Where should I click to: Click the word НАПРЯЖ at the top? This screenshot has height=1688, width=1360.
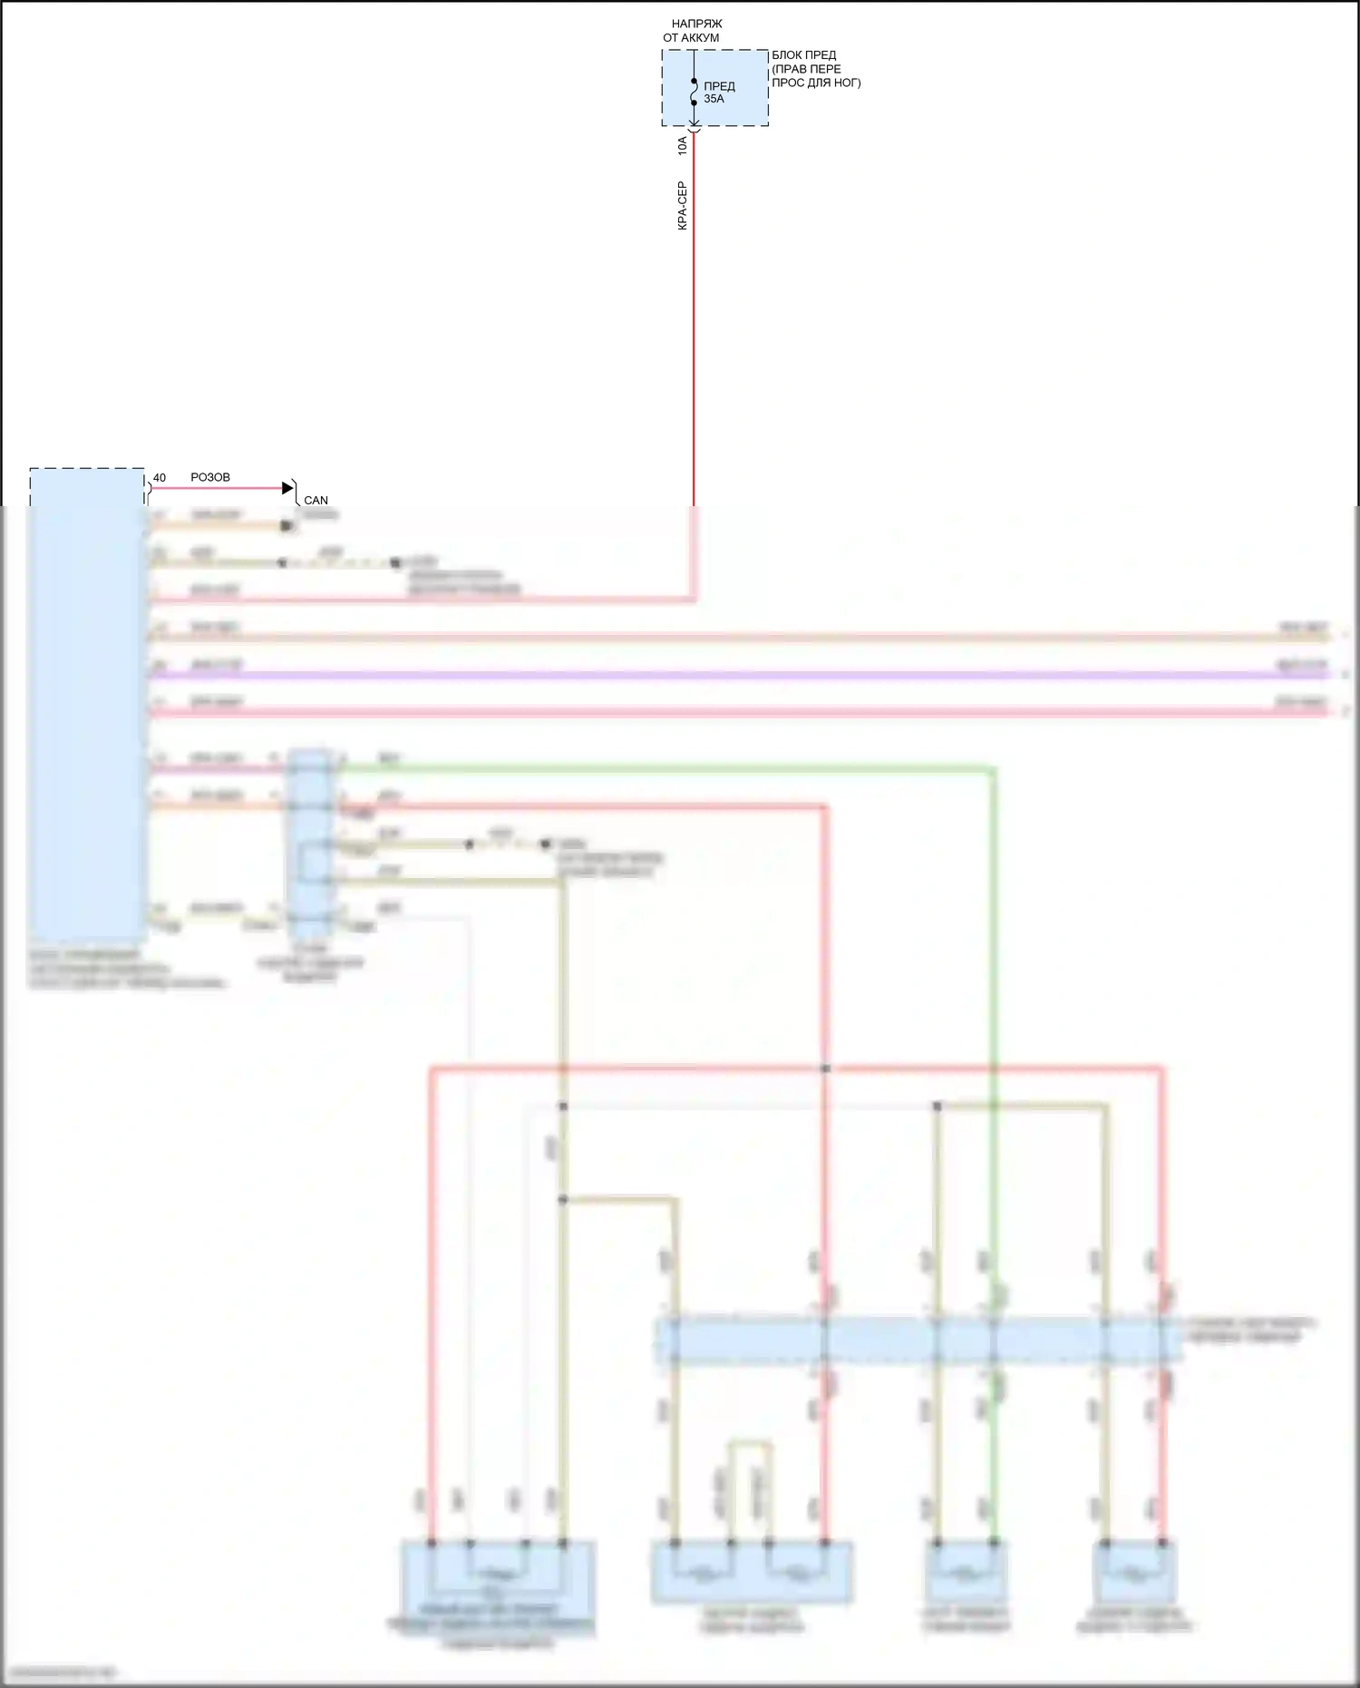(x=696, y=24)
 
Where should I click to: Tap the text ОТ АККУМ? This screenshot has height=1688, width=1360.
(x=691, y=38)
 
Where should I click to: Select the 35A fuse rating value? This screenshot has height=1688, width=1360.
(x=714, y=99)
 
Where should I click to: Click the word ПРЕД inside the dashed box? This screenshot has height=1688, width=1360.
(x=719, y=86)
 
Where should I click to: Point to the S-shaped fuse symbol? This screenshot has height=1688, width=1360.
(x=695, y=92)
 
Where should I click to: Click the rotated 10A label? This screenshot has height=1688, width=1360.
(x=683, y=145)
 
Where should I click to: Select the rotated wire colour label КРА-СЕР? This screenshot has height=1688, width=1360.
(x=683, y=206)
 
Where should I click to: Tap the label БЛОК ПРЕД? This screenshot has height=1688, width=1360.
(x=803, y=55)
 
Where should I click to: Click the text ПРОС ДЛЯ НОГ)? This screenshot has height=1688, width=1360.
(x=816, y=83)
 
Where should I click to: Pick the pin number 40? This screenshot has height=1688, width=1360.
(x=160, y=478)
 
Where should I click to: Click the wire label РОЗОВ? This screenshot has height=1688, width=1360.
(x=210, y=477)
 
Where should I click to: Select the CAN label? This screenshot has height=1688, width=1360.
(x=316, y=500)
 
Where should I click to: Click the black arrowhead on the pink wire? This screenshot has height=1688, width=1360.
(x=288, y=488)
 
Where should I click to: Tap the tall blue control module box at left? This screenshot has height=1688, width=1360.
(x=87, y=707)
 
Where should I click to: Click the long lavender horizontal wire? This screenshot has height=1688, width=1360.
(x=725, y=675)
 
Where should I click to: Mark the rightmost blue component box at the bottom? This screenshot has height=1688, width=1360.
(x=1134, y=1573)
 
